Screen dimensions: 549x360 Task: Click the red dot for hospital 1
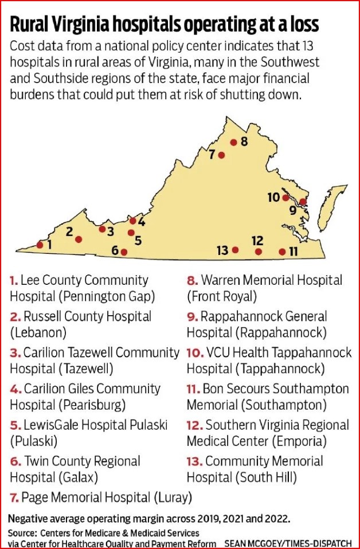[40, 245]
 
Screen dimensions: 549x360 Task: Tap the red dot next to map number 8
[233, 143]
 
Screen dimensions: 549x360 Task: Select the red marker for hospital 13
[235, 250]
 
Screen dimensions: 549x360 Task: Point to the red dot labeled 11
[281, 252]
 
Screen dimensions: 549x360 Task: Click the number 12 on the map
[257, 241]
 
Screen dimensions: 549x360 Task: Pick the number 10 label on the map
[273, 197]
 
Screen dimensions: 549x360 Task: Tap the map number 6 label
[115, 250]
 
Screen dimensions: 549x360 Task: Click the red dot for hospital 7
[222, 155]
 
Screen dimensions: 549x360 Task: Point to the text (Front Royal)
[222, 296]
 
